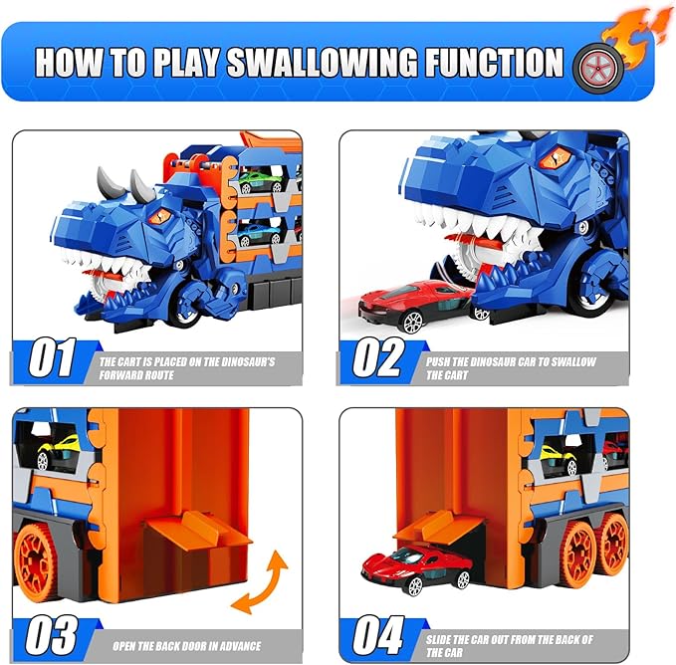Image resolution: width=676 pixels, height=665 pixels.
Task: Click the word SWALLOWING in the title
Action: point(323,62)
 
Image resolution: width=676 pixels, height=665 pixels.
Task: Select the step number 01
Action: point(53,357)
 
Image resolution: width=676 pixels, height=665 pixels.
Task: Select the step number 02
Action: point(379,357)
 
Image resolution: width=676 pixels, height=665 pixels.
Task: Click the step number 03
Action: point(53,635)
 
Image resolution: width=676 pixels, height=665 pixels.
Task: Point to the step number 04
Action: point(379,635)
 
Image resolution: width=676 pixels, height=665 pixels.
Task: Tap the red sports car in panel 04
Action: point(417,568)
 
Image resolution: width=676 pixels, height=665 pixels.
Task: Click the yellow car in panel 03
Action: point(58,451)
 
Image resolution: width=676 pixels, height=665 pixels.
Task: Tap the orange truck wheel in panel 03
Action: point(35,561)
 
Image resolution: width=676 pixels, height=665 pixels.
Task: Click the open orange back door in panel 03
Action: point(197,530)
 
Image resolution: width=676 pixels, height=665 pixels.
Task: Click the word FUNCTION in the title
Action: point(495,62)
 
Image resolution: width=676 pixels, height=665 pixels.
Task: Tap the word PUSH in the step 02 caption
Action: point(438,361)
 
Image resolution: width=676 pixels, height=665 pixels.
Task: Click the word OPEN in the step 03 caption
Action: point(125,646)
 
